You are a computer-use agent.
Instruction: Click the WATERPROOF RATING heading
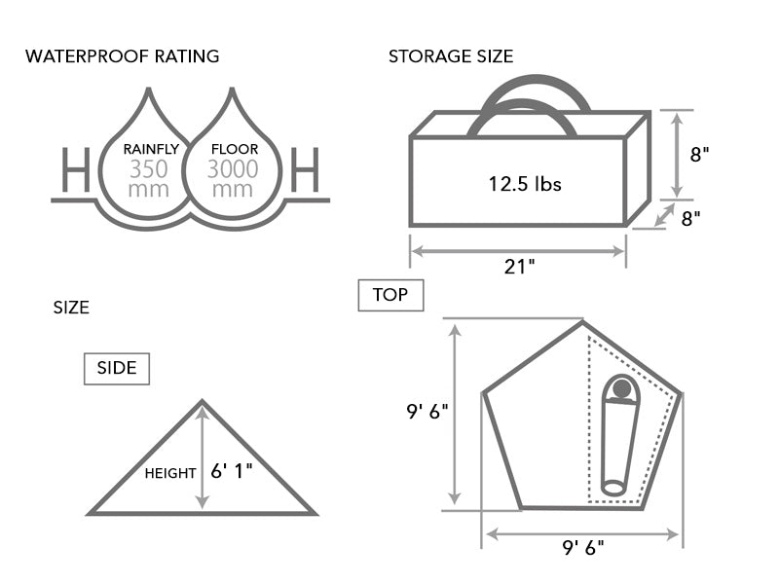[x=122, y=55]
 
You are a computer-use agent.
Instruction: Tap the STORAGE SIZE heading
[x=451, y=55]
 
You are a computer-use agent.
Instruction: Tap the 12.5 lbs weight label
[x=517, y=183]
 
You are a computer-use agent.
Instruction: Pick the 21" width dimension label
[x=519, y=266]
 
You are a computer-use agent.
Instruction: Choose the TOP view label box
[x=390, y=294]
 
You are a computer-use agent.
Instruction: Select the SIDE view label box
[x=117, y=369]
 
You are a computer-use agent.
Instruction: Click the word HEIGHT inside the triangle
[x=170, y=474]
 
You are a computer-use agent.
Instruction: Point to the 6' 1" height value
[x=232, y=471]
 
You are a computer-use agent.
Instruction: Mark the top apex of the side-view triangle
[x=203, y=402]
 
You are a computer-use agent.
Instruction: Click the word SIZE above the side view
[x=70, y=308]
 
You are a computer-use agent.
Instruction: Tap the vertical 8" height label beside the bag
[x=699, y=155]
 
